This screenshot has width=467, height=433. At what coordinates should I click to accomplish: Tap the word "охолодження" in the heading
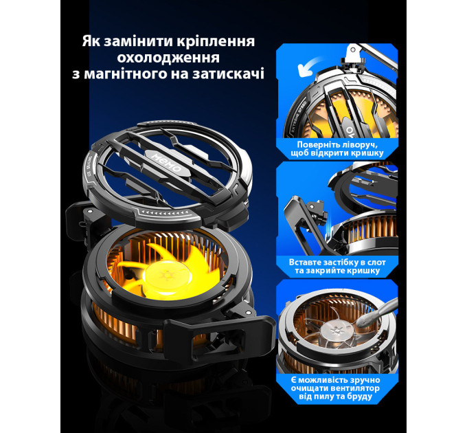[168, 58]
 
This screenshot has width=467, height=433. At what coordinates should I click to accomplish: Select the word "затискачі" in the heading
[228, 74]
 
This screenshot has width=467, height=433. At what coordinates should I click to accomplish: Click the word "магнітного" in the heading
[126, 74]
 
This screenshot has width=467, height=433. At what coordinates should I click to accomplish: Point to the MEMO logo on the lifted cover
[167, 163]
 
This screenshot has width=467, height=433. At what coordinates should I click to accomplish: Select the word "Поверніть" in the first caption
[319, 145]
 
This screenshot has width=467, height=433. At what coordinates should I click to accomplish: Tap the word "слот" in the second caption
[376, 263]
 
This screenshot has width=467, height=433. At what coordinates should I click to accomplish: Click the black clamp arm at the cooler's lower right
[219, 335]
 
